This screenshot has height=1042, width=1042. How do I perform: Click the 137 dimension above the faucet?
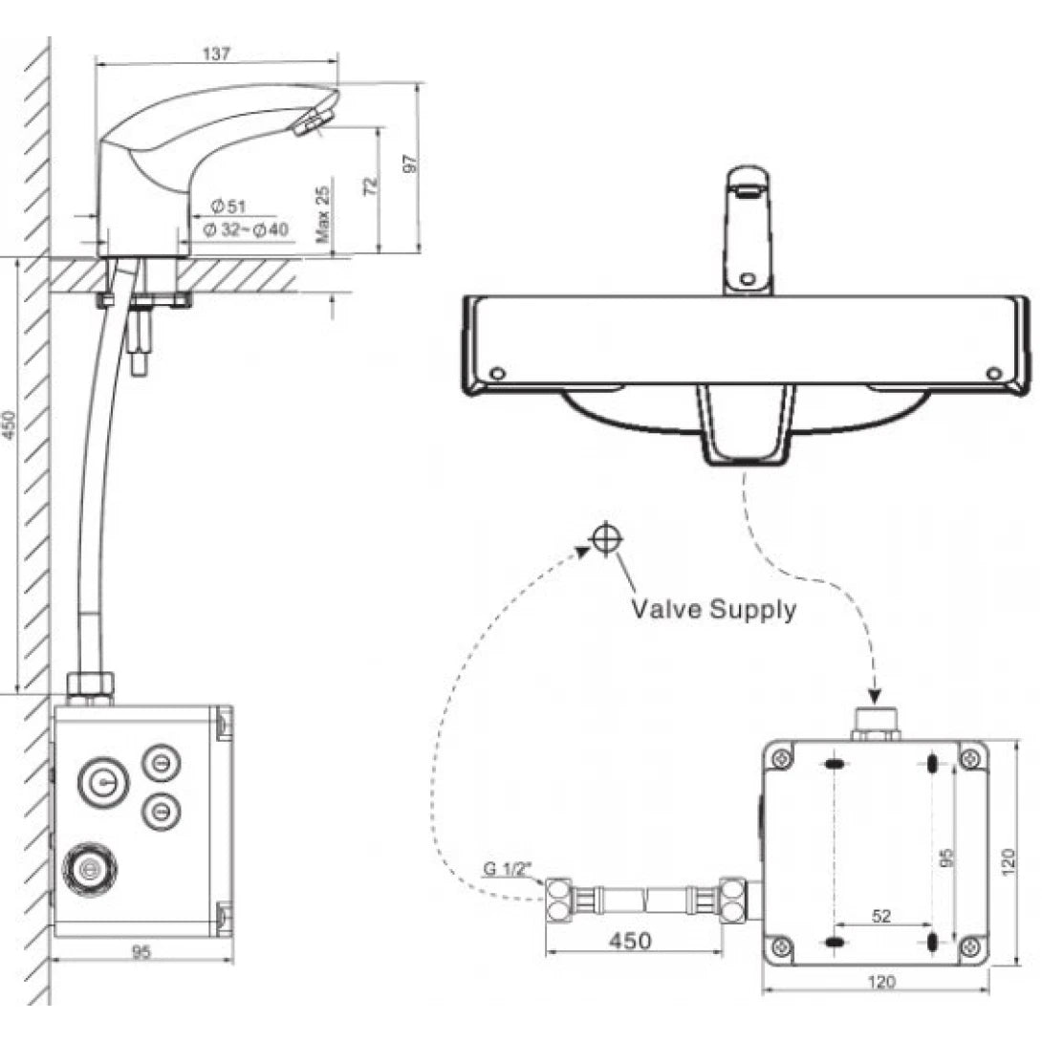pyautogui.click(x=217, y=54)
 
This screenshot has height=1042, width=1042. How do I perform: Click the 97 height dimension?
pyautogui.click(x=411, y=163)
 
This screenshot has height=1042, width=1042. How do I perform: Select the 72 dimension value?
pyautogui.click(x=372, y=185)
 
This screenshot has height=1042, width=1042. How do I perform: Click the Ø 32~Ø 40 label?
pyautogui.click(x=246, y=229)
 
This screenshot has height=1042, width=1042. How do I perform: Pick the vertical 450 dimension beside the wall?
pyautogui.click(x=10, y=424)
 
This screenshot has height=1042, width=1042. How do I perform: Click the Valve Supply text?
pyautogui.click(x=713, y=609)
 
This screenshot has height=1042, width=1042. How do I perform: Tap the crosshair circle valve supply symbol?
pyautogui.click(x=605, y=538)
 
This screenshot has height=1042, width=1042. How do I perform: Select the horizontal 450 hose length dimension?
pyautogui.click(x=629, y=941)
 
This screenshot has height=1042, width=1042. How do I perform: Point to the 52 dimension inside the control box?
pyautogui.click(x=881, y=915)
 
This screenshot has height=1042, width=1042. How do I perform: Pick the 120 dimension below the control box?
pyautogui.click(x=878, y=981)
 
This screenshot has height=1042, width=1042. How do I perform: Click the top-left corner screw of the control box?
pyautogui.click(x=782, y=758)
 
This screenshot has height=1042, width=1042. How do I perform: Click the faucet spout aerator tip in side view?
pyautogui.click(x=313, y=121)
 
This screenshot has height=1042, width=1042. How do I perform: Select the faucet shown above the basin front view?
pyautogui.click(x=748, y=229)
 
